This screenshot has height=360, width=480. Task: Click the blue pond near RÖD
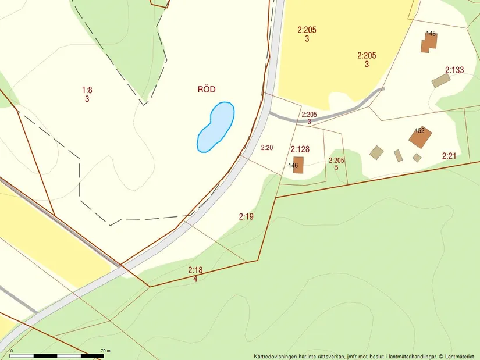(x=216, y=127)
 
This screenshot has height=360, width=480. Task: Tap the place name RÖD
(x=206, y=89)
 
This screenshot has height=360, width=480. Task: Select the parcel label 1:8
(x=87, y=90)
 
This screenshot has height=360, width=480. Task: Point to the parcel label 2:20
(x=266, y=148)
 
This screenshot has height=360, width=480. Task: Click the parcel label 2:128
(x=300, y=149)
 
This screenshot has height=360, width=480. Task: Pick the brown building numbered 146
(x=298, y=165)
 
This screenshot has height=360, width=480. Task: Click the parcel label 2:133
(x=454, y=70)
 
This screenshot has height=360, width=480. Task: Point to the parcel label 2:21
(x=449, y=156)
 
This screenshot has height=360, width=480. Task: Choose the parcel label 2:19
(x=246, y=216)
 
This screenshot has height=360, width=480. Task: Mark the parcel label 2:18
(x=195, y=270)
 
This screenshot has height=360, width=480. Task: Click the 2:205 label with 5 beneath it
(x=336, y=161)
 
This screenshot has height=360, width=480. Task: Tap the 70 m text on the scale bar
(x=105, y=351)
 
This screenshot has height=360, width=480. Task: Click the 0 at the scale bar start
(x=12, y=351)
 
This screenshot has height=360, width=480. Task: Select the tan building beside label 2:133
(x=440, y=81)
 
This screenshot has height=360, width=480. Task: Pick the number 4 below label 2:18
(x=195, y=279)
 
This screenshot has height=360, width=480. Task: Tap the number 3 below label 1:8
(x=87, y=99)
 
